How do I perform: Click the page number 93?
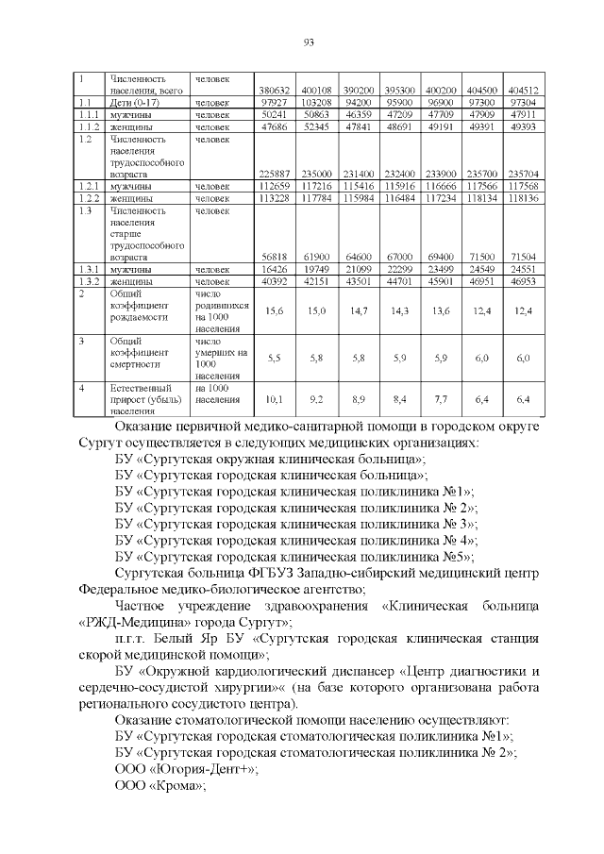(308, 42)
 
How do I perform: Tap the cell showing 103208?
(316, 102)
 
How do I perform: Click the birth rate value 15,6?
(275, 310)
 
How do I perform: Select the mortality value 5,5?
(275, 358)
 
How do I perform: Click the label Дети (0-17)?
(133, 102)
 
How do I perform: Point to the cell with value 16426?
(275, 269)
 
